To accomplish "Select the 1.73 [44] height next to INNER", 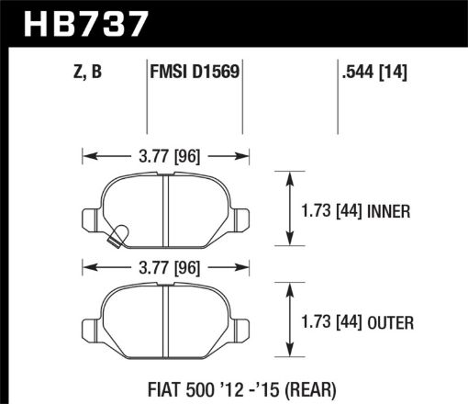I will click(x=330, y=211).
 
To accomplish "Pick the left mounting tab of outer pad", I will click(x=90, y=328).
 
